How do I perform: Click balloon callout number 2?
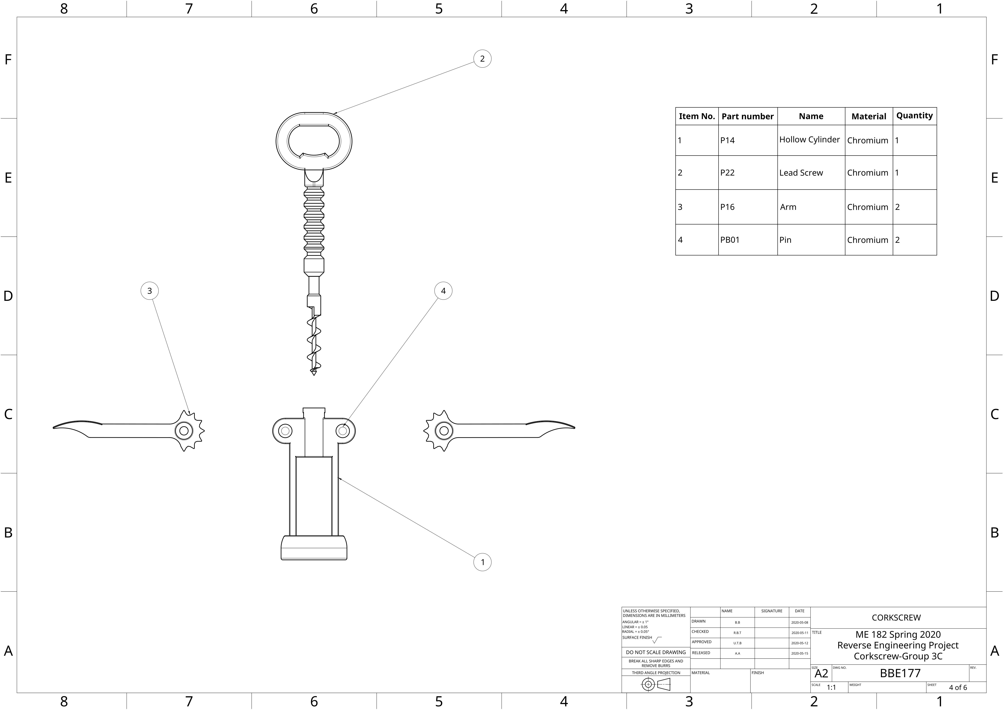tap(482, 59)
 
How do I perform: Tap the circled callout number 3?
tap(149, 291)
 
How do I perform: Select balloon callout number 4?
tap(443, 291)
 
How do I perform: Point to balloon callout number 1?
tap(482, 562)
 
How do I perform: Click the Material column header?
tap(868, 116)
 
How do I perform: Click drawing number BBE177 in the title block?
tap(900, 673)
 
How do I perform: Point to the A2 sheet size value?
tap(821, 674)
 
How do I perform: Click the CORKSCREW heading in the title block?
tap(896, 618)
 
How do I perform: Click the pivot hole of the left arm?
tap(184, 431)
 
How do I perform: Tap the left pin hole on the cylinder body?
tap(285, 431)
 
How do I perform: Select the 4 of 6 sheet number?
tap(958, 687)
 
